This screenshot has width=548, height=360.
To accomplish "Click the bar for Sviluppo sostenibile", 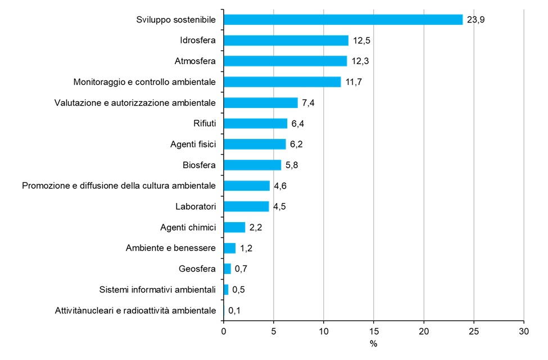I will point(343,20).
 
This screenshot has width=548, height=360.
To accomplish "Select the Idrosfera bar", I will point(286,40).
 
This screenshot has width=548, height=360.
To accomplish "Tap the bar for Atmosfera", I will point(285,61).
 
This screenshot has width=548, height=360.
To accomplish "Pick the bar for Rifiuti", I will point(255,123).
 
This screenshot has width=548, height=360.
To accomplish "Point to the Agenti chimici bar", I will point(234,227).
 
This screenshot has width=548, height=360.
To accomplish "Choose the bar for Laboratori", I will point(246,206).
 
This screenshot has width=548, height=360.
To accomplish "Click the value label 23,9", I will point(475,20).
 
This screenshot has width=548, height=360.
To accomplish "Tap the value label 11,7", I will point(354,82).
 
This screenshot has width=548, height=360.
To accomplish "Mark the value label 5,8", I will point(292,165).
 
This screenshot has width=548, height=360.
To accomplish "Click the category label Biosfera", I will point(200,165).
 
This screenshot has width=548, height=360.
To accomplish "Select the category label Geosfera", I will point(197,269).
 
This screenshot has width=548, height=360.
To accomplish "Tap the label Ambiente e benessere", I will point(171,248).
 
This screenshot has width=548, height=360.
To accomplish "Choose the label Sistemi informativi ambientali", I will point(157,290).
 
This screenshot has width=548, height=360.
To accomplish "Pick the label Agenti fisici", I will point(193,145).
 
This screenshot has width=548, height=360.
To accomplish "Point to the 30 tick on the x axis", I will point(524,331).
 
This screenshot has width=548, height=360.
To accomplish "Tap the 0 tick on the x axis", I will point(224,331).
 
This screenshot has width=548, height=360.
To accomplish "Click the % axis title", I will point(373,343).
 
